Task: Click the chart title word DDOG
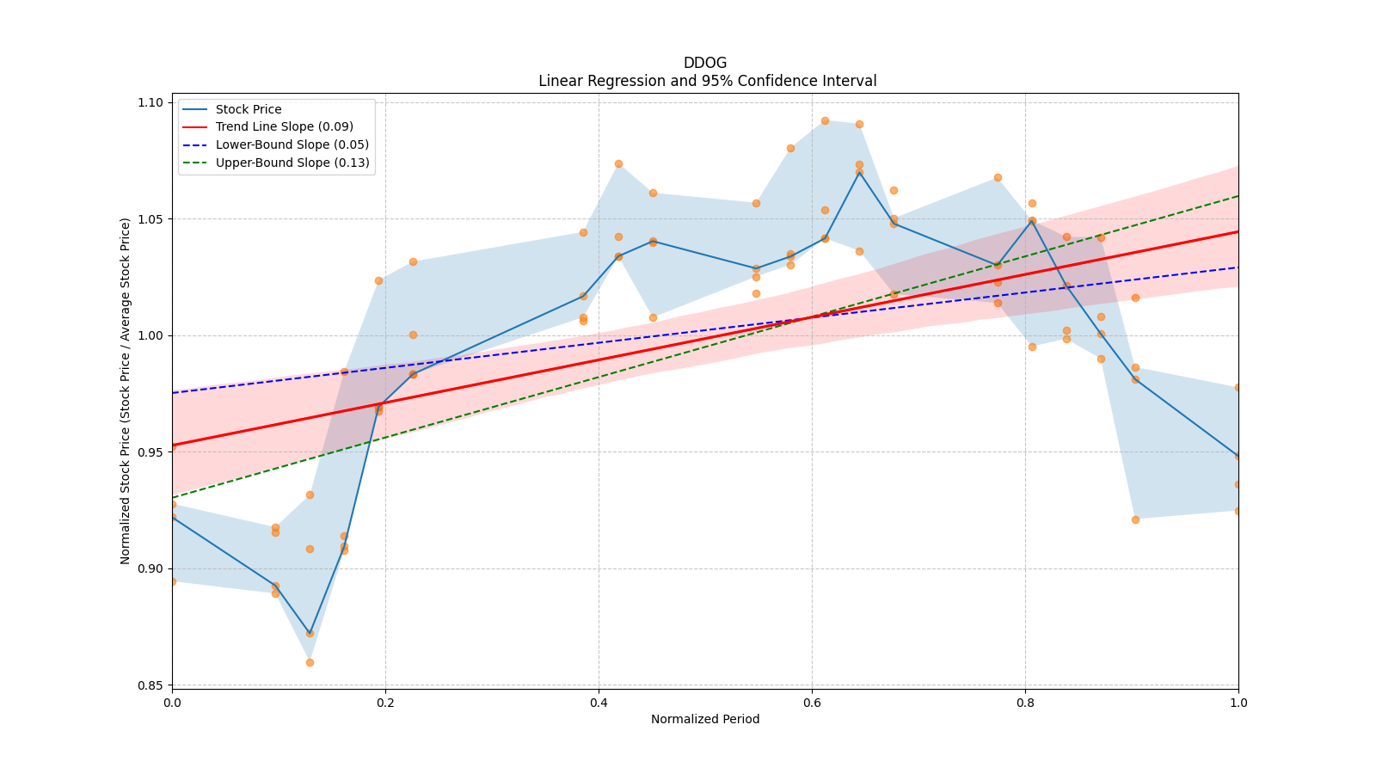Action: point(704,63)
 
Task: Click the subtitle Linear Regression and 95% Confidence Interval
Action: point(707,81)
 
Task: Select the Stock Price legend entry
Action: point(248,109)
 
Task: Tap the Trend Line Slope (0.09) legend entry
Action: point(284,126)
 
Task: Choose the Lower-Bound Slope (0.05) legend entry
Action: point(292,144)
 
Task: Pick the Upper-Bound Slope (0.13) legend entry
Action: point(292,163)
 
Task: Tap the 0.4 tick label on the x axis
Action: point(599,703)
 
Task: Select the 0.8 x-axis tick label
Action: point(1025,703)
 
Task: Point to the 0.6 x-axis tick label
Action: point(812,703)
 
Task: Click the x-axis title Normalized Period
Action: point(705,719)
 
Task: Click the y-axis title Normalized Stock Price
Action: point(126,390)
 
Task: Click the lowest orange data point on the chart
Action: point(310,662)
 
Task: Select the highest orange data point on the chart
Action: point(825,120)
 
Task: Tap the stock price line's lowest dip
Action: point(310,634)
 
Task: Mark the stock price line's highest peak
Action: point(859,171)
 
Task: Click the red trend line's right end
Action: point(1238,231)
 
